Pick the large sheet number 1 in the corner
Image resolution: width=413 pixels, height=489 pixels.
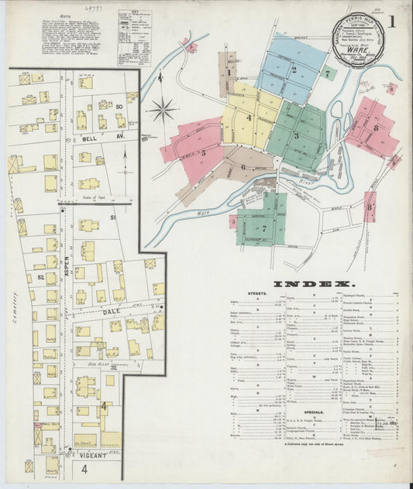[x=393, y=22]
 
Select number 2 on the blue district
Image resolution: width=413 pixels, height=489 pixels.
[x=294, y=70]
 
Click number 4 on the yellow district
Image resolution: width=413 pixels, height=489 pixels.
[x=249, y=118]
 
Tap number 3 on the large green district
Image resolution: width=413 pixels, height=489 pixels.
[x=295, y=135]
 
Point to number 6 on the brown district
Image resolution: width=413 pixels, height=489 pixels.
[x=243, y=166]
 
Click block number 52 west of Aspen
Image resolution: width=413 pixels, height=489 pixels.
[x=40, y=276]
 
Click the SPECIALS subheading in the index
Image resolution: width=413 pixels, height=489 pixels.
[x=313, y=412]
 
